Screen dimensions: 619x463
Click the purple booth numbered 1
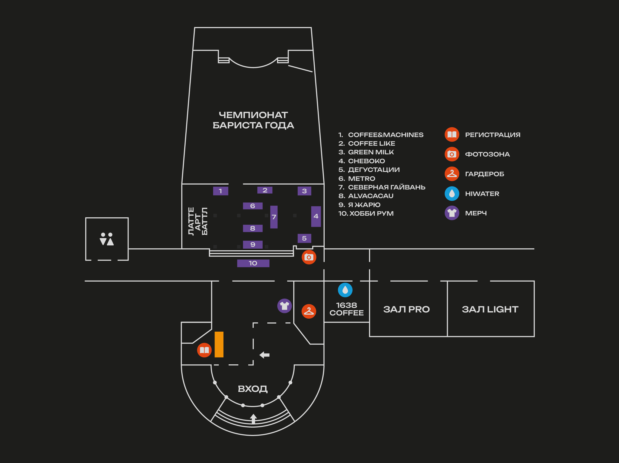tap(220, 191)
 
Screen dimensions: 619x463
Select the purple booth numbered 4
tap(316, 216)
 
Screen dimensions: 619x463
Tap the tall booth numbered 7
tap(274, 217)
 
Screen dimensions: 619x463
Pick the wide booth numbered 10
tap(253, 263)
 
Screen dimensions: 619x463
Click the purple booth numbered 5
tap(304, 238)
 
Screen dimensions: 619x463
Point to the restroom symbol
tap(107, 239)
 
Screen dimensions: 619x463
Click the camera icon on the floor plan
tap(309, 257)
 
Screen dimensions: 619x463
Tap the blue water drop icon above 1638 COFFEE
tap(345, 290)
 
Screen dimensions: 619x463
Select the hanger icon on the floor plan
tap(309, 311)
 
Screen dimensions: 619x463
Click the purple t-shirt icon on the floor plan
tap(285, 306)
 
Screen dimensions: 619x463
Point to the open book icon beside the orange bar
tap(204, 350)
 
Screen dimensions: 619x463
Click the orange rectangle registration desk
tap(219, 344)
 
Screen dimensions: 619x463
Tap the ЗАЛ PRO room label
tap(406, 309)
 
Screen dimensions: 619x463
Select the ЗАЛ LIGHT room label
tap(490, 309)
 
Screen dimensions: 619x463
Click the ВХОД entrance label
tap(253, 389)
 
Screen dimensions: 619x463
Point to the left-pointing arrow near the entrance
tap(264, 355)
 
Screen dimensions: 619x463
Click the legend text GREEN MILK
tap(371, 152)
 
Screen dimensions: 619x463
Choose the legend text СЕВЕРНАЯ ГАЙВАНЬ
tap(386, 187)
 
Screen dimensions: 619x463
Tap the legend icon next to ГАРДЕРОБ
tap(452, 174)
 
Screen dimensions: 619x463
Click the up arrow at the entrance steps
tap(253, 419)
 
